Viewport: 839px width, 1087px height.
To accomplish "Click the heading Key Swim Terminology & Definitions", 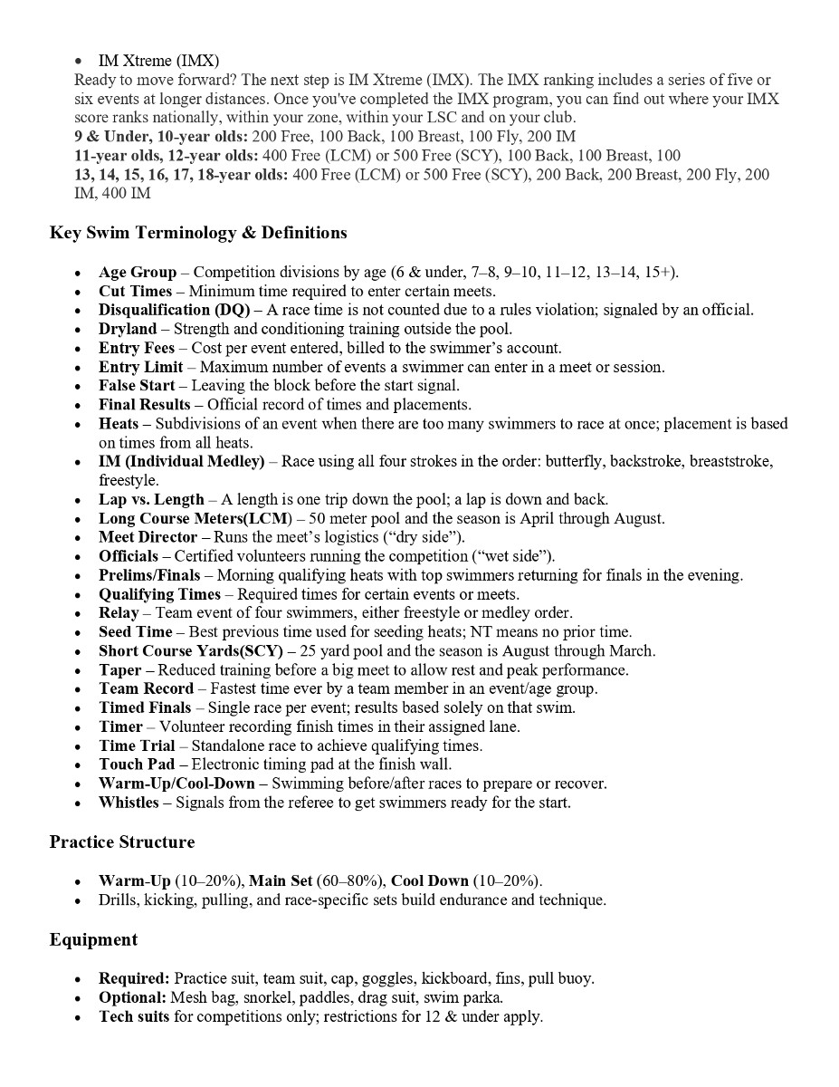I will tap(198, 233).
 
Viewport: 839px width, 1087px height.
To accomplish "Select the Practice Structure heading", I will tap(121, 842).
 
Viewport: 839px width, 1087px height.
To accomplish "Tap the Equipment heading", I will tap(93, 940).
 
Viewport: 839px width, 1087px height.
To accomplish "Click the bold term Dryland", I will tap(128, 329).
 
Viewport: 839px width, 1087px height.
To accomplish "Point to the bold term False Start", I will tap(137, 386).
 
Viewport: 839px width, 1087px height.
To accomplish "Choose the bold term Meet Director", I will tap(148, 537).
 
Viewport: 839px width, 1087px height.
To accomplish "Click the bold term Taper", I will tap(120, 670).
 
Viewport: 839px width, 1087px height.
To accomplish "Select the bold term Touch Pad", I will tap(137, 765).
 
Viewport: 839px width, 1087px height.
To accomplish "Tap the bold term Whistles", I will tap(129, 803).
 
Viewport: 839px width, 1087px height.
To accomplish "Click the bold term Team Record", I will tap(146, 689).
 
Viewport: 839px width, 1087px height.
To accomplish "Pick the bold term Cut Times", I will tap(135, 291).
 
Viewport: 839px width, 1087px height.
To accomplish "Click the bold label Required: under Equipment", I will tap(134, 978).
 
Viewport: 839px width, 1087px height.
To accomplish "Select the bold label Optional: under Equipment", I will tap(132, 997).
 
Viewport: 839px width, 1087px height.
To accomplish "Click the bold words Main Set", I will tap(281, 880).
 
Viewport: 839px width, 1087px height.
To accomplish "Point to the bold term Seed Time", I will tap(136, 632).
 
